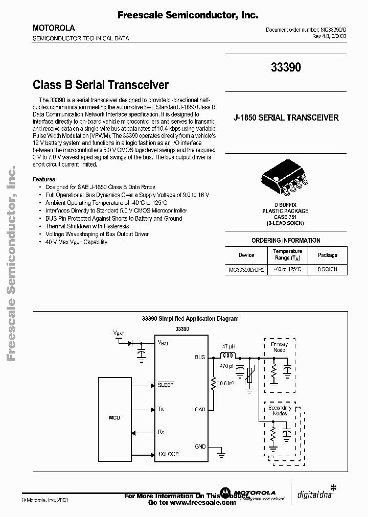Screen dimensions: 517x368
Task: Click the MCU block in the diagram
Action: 114,418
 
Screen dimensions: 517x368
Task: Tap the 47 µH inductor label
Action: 229,347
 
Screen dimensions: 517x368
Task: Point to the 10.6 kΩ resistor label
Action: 225,383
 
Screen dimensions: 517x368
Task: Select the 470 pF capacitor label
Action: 227,366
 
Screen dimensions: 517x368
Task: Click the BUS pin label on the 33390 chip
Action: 200,358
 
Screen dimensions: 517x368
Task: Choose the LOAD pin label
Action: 198,410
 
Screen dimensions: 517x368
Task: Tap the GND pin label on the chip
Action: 200,447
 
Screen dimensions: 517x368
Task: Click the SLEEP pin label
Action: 166,384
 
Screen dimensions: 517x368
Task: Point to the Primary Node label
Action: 279,347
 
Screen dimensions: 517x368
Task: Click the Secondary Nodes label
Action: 280,410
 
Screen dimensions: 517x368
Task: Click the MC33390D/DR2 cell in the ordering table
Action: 246,269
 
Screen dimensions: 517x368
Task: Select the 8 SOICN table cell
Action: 328,269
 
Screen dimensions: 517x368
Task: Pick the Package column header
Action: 328,255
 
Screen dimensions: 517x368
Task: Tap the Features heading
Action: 44,179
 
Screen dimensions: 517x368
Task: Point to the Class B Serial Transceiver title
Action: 101,84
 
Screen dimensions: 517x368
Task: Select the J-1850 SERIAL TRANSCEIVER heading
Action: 286,118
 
